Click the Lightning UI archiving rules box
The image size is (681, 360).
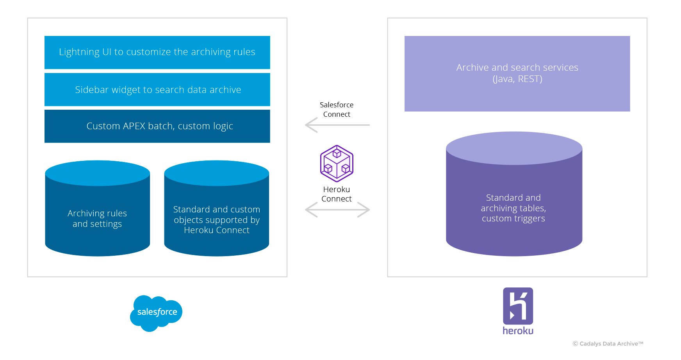coord(157,52)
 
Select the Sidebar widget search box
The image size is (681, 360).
coord(157,89)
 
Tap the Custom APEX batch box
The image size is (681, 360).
coord(157,126)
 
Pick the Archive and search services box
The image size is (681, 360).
coord(517,73)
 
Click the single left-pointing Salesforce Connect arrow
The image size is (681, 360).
coord(337,125)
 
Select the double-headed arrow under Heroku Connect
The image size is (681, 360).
coord(337,210)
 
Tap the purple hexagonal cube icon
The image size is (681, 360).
coord(337,164)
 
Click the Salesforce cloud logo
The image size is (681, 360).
coord(156,313)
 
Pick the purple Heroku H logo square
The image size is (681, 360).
coord(518,306)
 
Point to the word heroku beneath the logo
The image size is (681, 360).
coord(518,331)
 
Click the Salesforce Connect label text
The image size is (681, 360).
coord(337,110)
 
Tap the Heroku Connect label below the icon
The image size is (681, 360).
coord(337,194)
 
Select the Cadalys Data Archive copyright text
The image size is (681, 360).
coord(608,344)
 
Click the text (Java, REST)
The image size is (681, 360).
coord(517,79)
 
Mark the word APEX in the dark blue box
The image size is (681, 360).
coord(134,126)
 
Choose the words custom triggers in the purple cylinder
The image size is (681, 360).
coord(513,219)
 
